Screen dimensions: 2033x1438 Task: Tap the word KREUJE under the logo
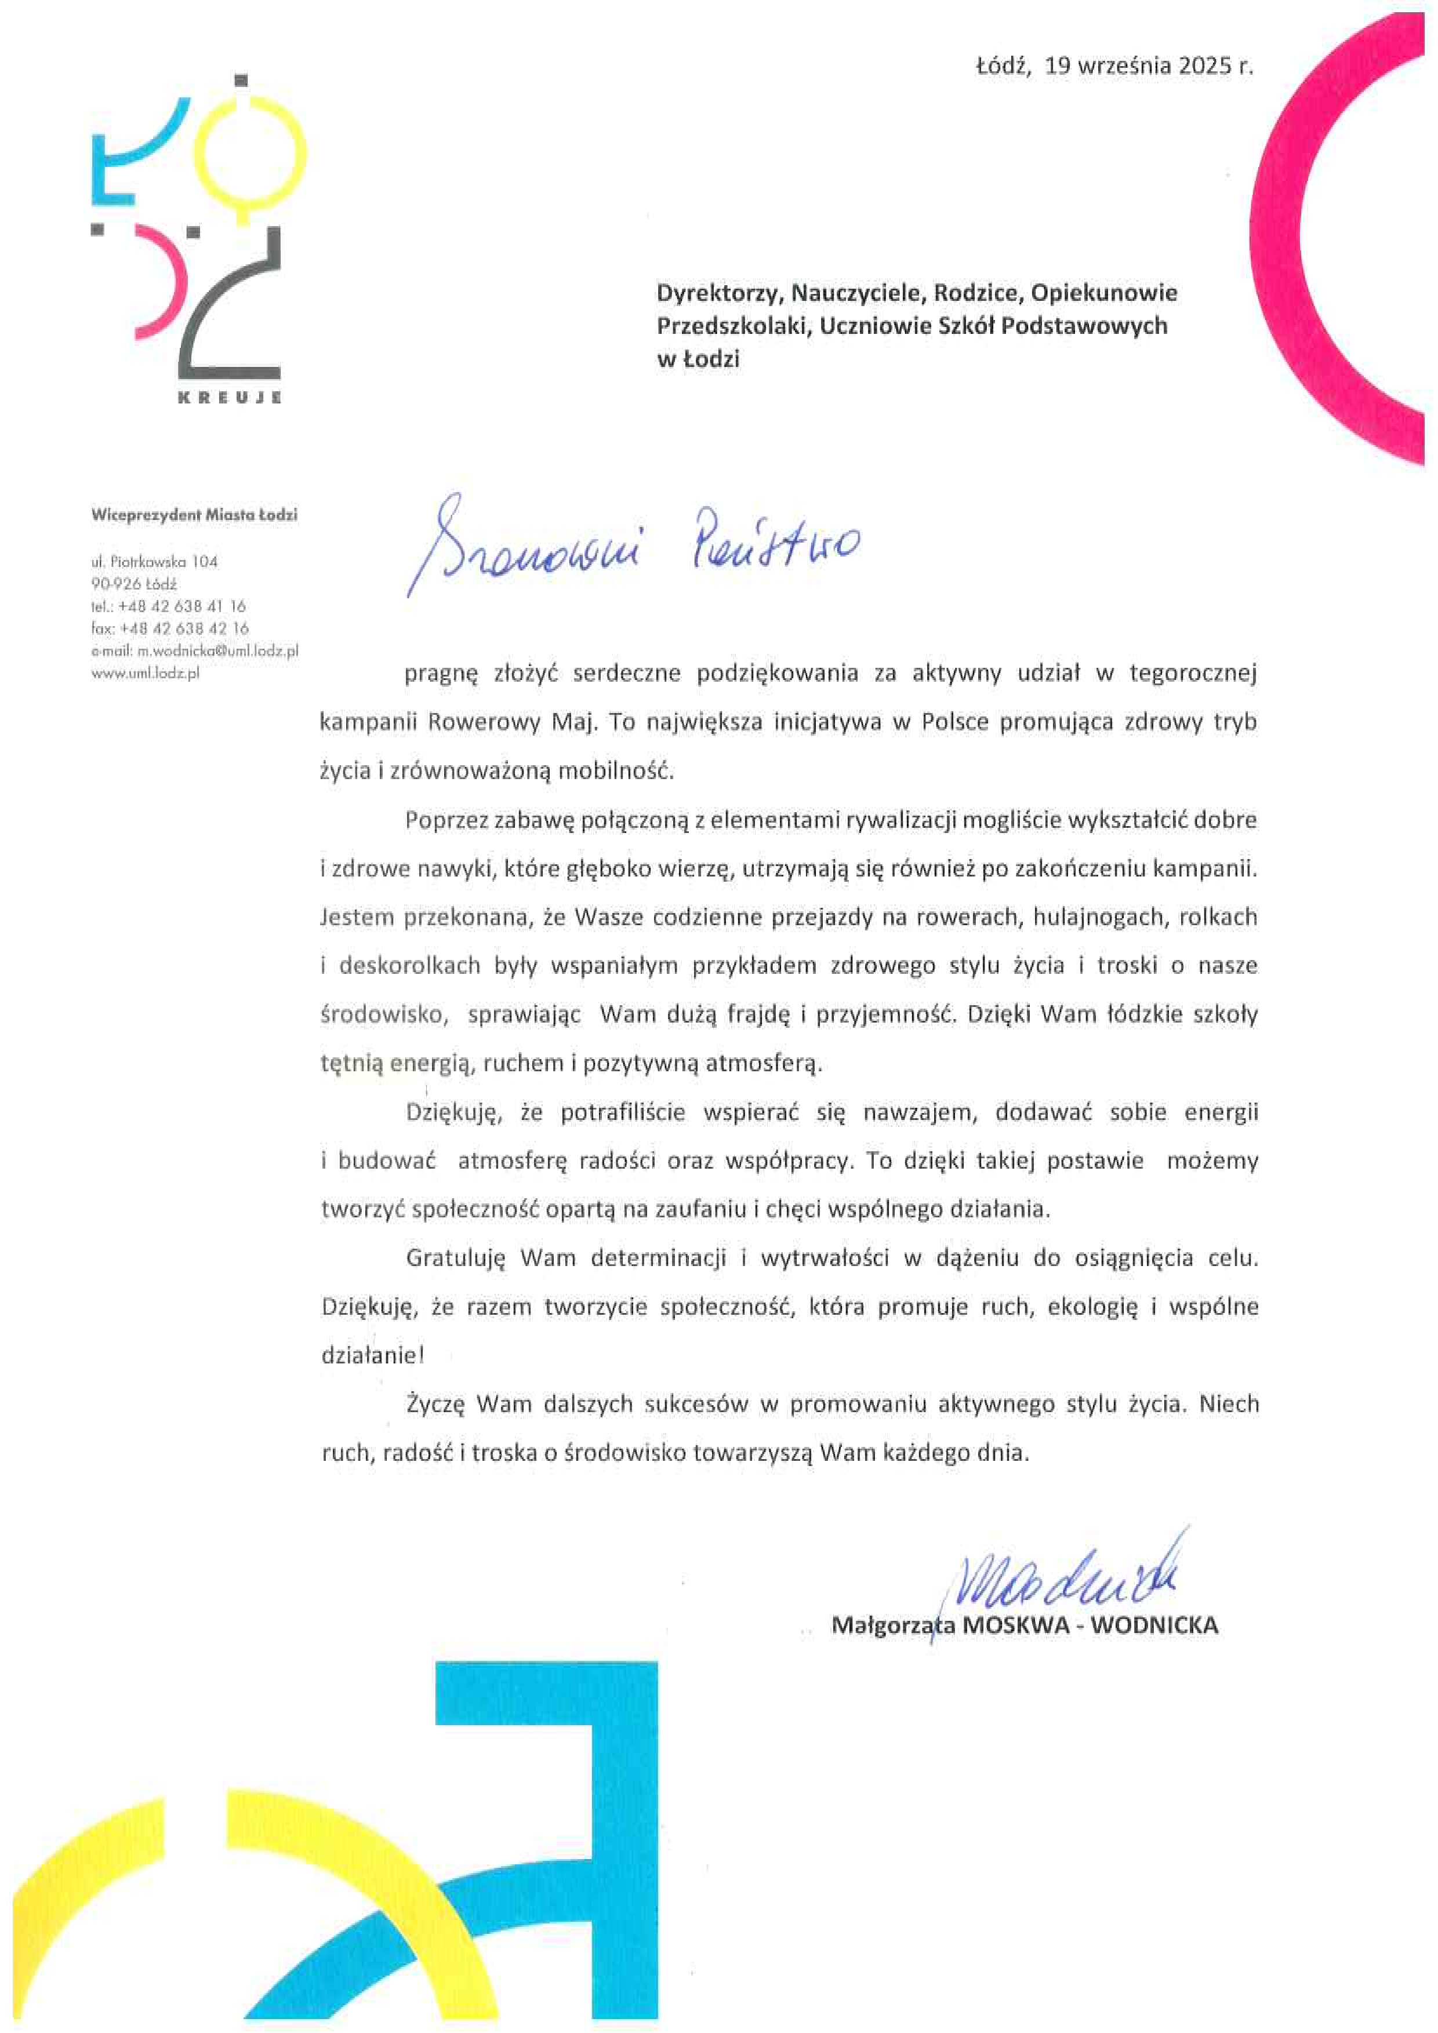[x=230, y=398]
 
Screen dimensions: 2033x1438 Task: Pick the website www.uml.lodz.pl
[x=145, y=673]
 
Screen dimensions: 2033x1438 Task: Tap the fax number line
[x=170, y=628]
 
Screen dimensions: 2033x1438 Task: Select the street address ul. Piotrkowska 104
[x=154, y=561]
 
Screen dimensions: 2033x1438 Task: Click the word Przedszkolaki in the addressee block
[x=734, y=326]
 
